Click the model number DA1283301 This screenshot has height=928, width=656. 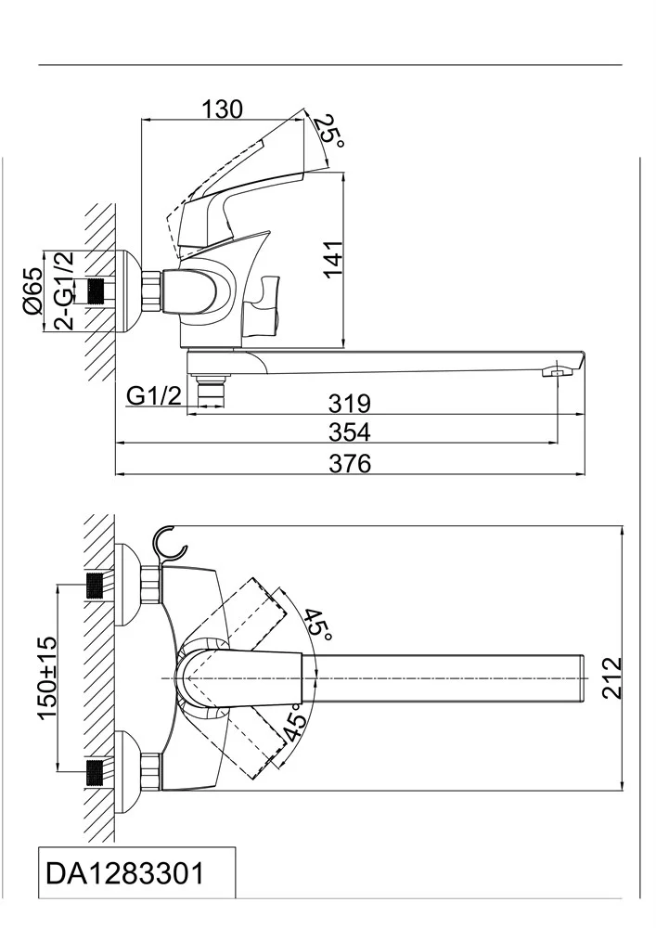(x=124, y=873)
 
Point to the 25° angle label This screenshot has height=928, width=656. (x=328, y=133)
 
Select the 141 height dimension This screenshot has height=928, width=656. (x=332, y=258)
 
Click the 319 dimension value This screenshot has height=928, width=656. (x=350, y=403)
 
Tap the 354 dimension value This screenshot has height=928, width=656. (x=350, y=432)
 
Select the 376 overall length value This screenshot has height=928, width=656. (x=350, y=463)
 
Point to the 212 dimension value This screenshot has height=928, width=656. (x=612, y=677)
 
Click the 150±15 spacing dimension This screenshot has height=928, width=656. (x=48, y=677)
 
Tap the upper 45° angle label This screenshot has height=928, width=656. (x=319, y=624)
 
